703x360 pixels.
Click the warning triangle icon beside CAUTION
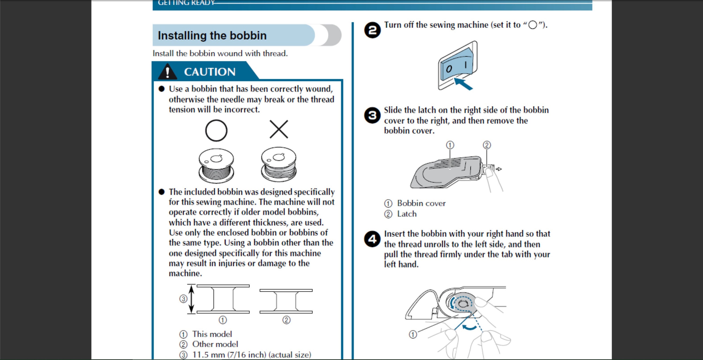click(168, 72)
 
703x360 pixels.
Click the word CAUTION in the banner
click(209, 72)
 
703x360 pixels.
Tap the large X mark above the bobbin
click(279, 129)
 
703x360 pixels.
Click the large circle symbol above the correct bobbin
click(216, 130)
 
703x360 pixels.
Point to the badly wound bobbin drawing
click(279, 164)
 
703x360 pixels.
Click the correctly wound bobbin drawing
click(216, 165)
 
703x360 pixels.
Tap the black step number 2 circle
click(372, 30)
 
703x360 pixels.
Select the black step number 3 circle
click(372, 115)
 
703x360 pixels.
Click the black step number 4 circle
click(372, 239)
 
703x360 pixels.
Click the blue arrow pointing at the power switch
click(463, 84)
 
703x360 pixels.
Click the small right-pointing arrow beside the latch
click(499, 169)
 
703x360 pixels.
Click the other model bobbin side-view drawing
click(286, 301)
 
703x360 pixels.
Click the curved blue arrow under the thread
click(470, 327)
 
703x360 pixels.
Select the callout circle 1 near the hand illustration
click(413, 334)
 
